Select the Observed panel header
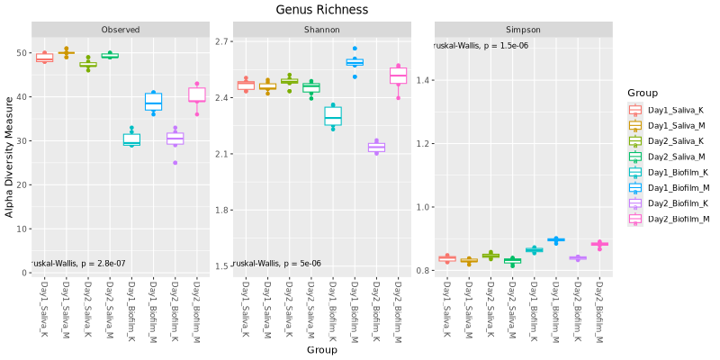pyautogui.click(x=121, y=30)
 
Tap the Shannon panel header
pyautogui.click(x=322, y=30)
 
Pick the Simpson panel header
pyautogui.click(x=524, y=30)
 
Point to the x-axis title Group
pyautogui.click(x=321, y=349)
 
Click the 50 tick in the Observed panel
pyautogui.click(x=23, y=53)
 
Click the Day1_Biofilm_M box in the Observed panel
pyautogui.click(x=153, y=102)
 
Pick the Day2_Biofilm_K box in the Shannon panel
pyautogui.click(x=376, y=148)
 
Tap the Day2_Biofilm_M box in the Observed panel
pyautogui.click(x=197, y=94)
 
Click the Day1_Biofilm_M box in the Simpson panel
pyautogui.click(x=556, y=240)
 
